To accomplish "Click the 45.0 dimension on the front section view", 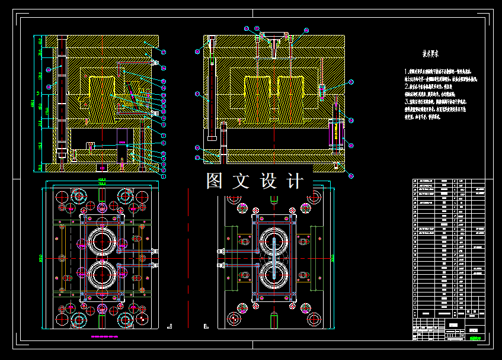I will [40, 41].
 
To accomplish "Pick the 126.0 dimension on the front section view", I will [40, 75].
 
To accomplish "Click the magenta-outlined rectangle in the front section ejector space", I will [122, 143].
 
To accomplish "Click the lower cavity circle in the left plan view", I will [102, 276].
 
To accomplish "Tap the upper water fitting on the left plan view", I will [155, 251].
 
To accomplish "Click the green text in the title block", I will [474, 339].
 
